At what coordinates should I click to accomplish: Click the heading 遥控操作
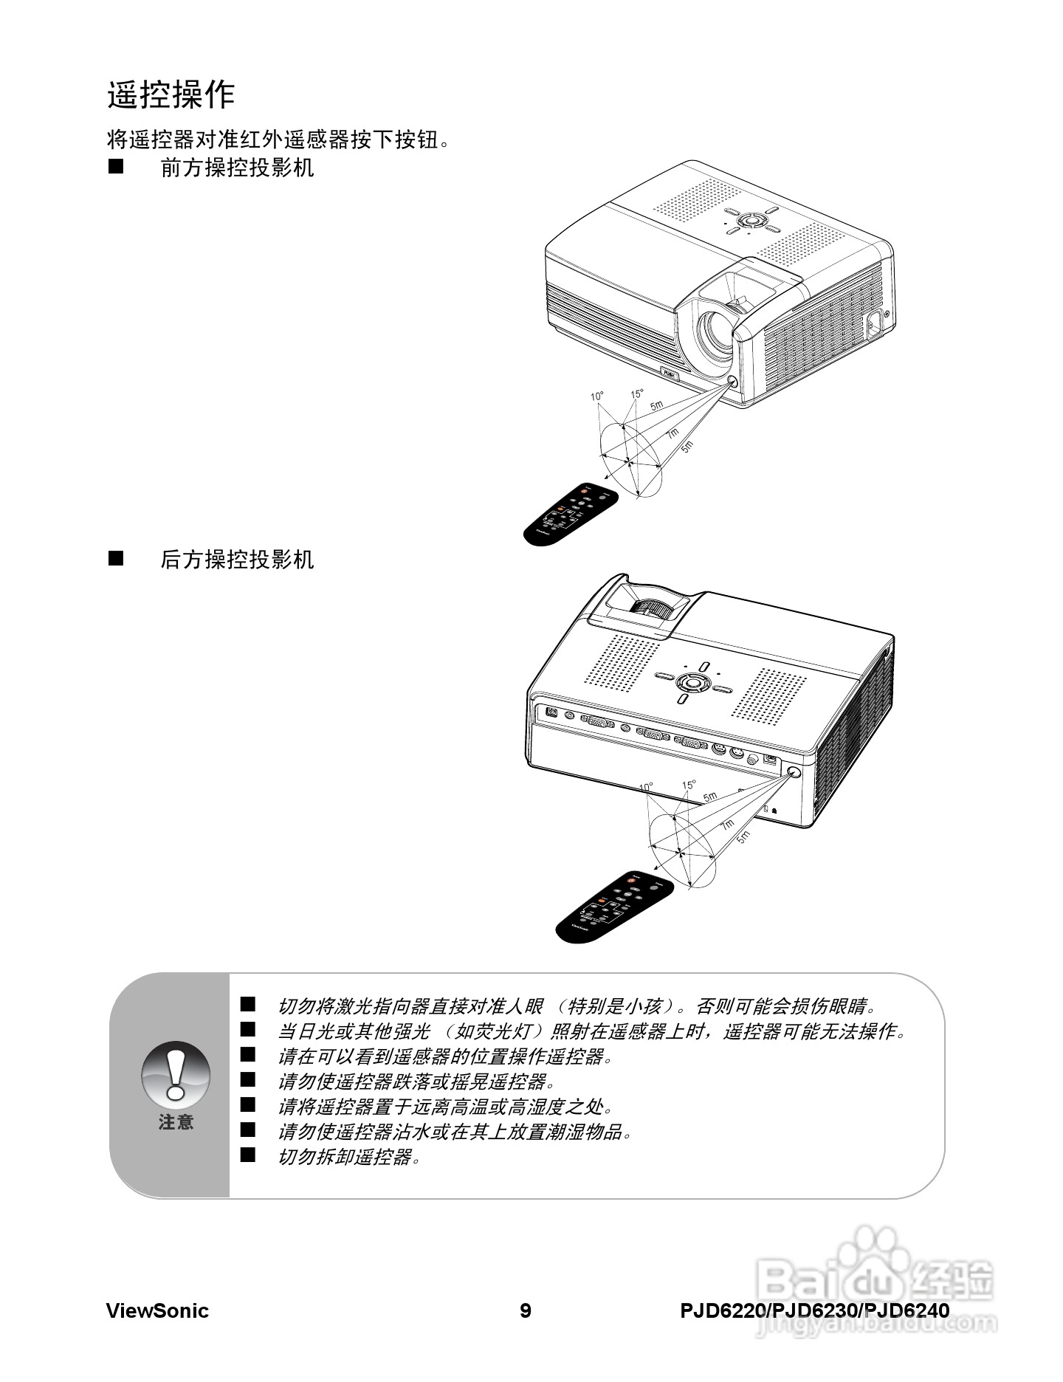(x=171, y=94)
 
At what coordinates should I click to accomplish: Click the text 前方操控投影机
(x=237, y=168)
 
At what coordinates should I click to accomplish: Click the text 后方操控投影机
(x=237, y=560)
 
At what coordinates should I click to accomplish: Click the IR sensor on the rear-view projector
(x=794, y=772)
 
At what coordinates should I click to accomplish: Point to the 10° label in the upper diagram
(x=596, y=396)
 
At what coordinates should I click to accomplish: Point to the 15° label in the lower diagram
(x=688, y=785)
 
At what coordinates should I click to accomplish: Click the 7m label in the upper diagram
(x=672, y=435)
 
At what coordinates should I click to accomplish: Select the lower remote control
(x=614, y=905)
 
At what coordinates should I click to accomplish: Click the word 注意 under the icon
(x=176, y=1122)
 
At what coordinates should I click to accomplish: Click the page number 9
(x=525, y=1311)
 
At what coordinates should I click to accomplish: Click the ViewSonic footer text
(x=157, y=1311)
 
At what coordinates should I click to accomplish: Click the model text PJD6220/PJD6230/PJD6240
(x=814, y=1311)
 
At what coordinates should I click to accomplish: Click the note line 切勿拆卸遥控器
(x=349, y=1157)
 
